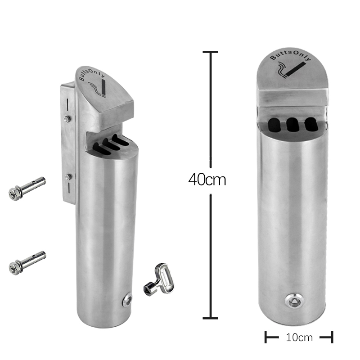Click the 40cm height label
[x=207, y=180]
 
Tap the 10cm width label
[x=299, y=337]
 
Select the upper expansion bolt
[x=27, y=189]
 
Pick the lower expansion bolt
[x=27, y=263]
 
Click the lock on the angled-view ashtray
[x=127, y=300]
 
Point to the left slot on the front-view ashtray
[x=274, y=125]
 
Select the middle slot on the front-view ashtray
[x=293, y=125]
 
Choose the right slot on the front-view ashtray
[x=311, y=125]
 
